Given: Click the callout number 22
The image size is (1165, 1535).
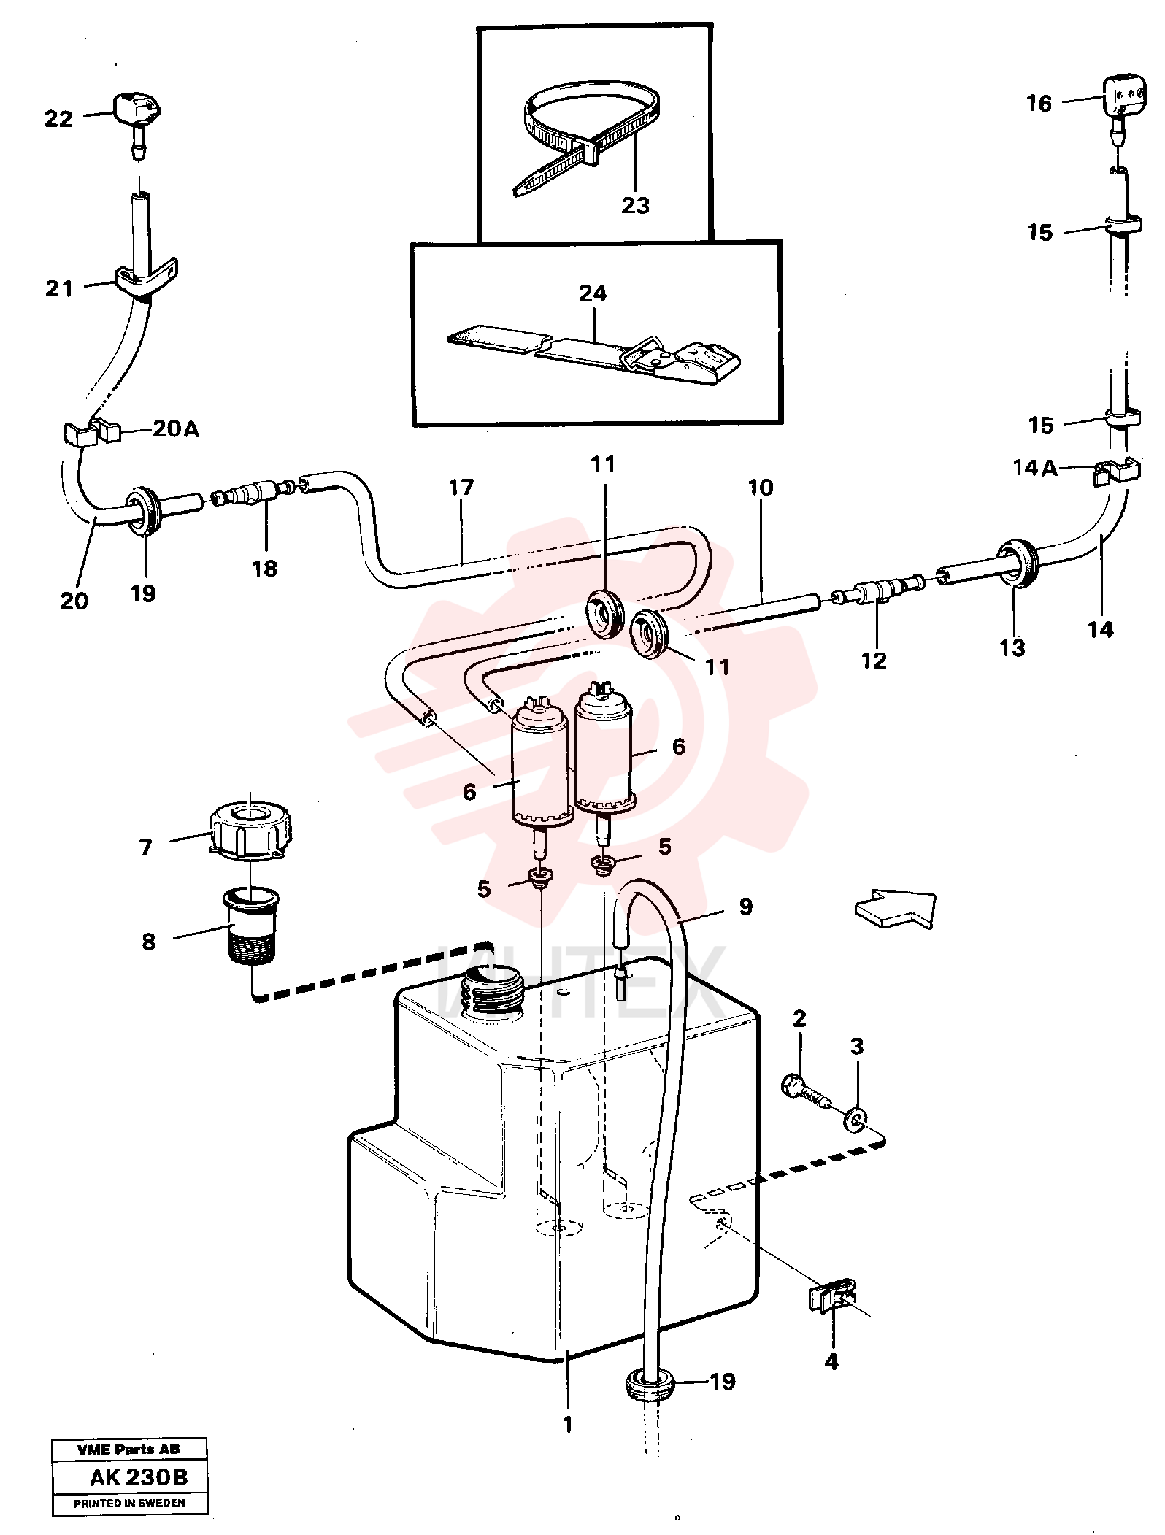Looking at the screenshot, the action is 58,118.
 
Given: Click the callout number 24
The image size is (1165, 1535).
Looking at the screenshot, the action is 592,293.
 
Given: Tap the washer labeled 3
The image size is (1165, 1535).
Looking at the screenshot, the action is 855,1119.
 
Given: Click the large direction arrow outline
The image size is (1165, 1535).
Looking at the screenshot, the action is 895,909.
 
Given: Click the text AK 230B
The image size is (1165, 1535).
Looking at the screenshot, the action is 139,1478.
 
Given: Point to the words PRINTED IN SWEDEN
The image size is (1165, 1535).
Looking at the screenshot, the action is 129,1503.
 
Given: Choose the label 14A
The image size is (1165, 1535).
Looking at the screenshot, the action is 1034,468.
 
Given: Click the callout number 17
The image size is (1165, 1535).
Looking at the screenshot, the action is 461,487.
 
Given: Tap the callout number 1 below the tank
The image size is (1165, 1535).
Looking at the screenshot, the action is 567,1424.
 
